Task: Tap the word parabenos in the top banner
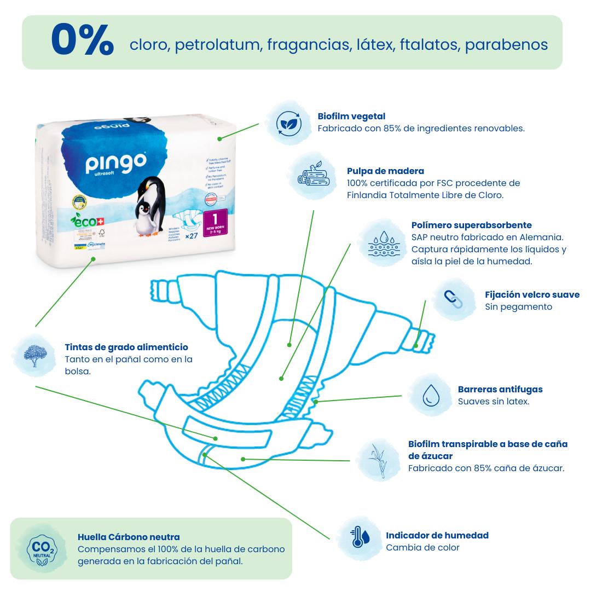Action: click(506, 44)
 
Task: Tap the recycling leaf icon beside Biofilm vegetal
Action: click(288, 123)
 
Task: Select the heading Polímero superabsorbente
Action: click(471, 225)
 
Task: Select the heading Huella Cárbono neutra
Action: click(129, 537)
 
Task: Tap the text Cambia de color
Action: click(422, 547)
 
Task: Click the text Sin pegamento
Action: click(511, 306)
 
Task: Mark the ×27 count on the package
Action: click(191, 236)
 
